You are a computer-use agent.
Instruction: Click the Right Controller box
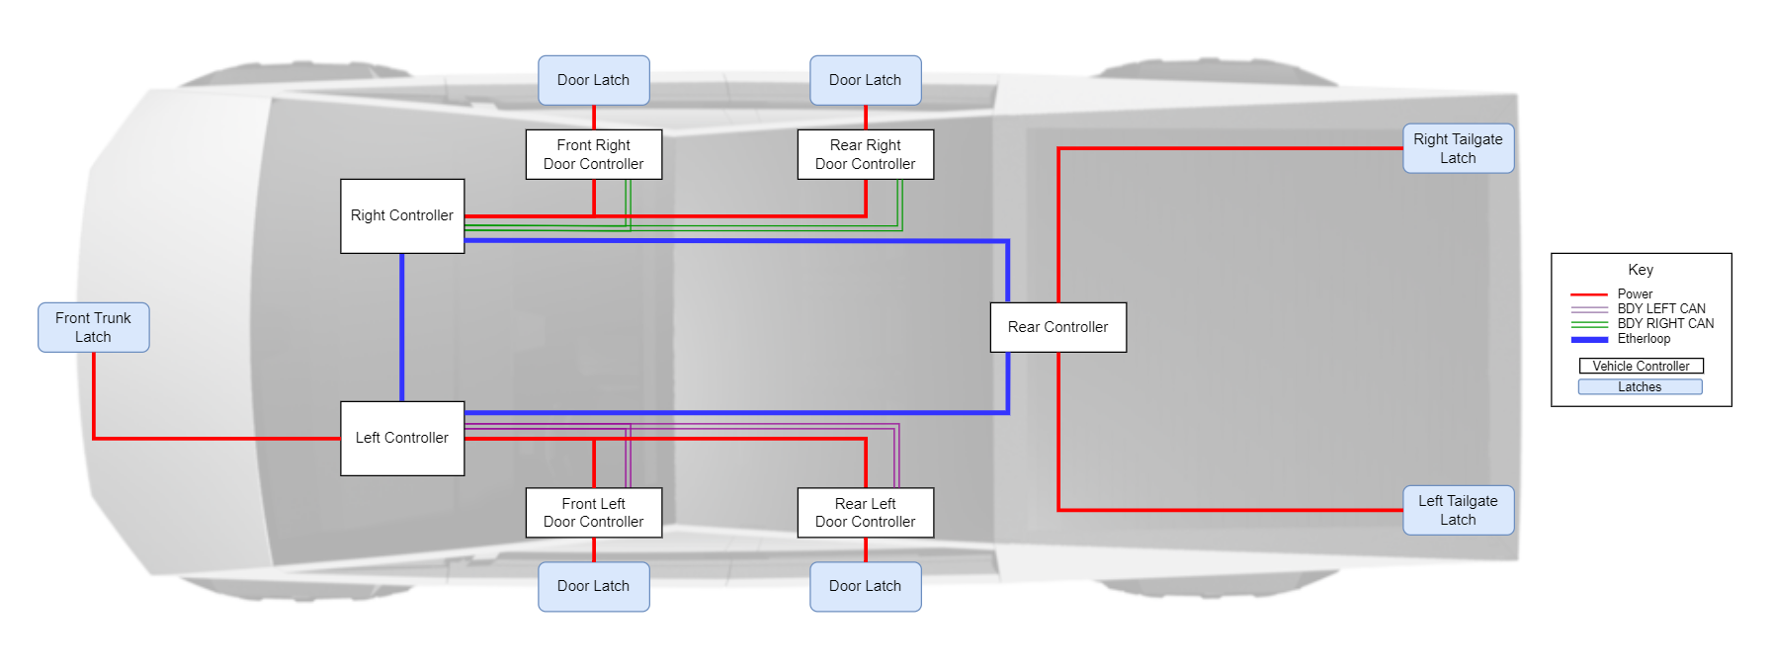pyautogui.click(x=402, y=215)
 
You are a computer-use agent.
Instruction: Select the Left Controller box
pyautogui.click(x=402, y=438)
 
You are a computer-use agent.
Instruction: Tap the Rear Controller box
pyautogui.click(x=1057, y=327)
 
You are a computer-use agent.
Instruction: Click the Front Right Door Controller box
pyautogui.click(x=593, y=154)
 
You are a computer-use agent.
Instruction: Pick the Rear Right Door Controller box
pyautogui.click(x=865, y=154)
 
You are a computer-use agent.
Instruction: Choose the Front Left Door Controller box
pyautogui.click(x=593, y=512)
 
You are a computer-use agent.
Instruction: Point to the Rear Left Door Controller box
pyautogui.click(x=865, y=512)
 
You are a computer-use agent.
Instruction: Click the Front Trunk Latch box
pyautogui.click(x=93, y=327)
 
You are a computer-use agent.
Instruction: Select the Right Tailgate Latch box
pyautogui.click(x=1458, y=148)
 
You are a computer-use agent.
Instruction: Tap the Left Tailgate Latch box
pyautogui.click(x=1458, y=510)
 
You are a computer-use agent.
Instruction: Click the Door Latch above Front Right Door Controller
pyautogui.click(x=593, y=80)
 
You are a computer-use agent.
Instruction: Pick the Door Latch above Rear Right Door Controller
pyautogui.click(x=865, y=80)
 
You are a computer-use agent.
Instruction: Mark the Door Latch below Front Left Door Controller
pyautogui.click(x=593, y=586)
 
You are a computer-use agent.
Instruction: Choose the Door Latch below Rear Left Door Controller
pyautogui.click(x=865, y=586)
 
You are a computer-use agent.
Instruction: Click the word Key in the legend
pyautogui.click(x=1641, y=270)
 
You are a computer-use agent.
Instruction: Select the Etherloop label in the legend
pyautogui.click(x=1644, y=339)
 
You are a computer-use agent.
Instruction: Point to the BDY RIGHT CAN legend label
pyautogui.click(x=1665, y=323)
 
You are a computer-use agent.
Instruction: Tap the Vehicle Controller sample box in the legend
pyautogui.click(x=1641, y=366)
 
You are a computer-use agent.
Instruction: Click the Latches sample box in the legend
pyautogui.click(x=1640, y=387)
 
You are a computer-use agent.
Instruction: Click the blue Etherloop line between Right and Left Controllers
pyautogui.click(x=402, y=327)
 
